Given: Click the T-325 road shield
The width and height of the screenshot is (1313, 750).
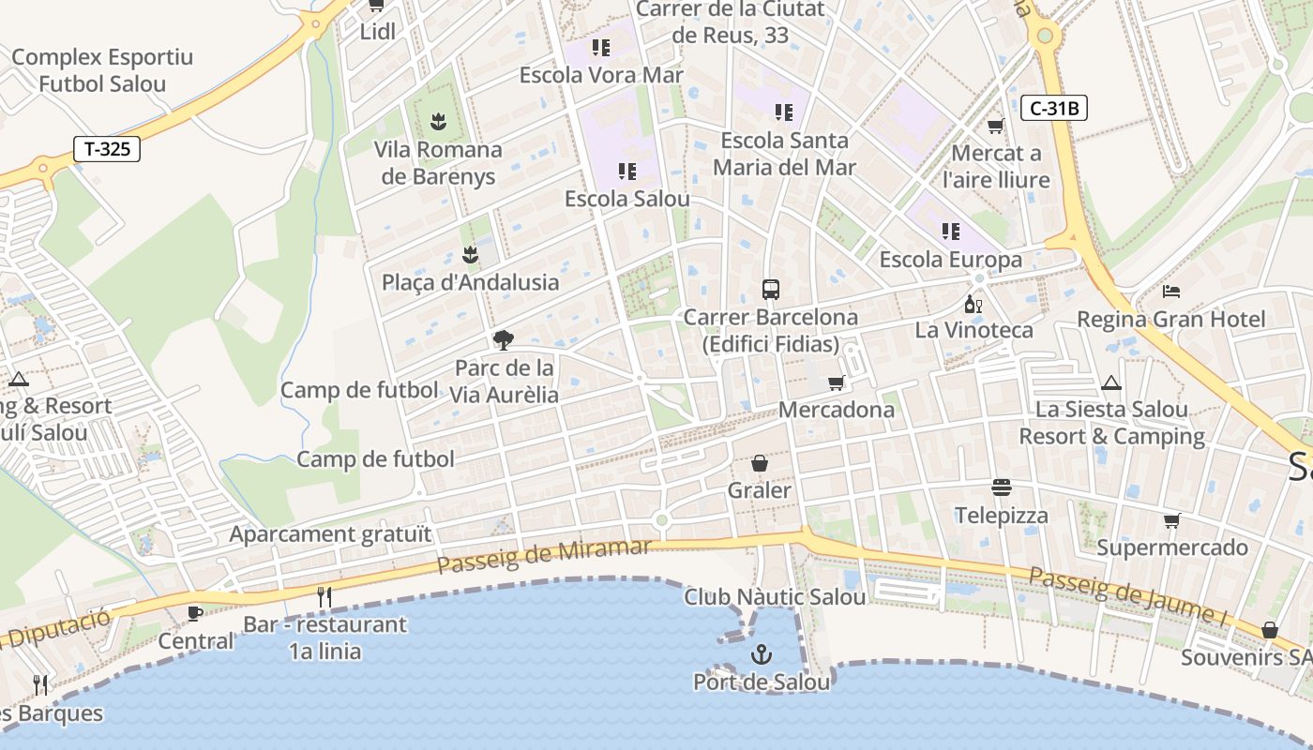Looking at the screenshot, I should click(107, 148).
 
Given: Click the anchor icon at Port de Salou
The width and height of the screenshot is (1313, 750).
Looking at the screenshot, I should click(761, 654).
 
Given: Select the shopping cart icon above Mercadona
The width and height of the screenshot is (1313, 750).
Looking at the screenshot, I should click(836, 382).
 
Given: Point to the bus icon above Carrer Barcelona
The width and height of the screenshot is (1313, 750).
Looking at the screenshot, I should click(771, 289).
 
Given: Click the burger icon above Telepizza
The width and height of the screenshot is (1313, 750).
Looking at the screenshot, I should click(1001, 487).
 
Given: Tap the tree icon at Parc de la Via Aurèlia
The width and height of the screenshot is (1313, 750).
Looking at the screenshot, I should click(504, 339).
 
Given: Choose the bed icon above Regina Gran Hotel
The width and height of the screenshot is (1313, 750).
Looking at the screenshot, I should click(1170, 291).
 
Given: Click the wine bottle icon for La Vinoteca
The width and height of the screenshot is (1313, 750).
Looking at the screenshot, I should click(973, 304).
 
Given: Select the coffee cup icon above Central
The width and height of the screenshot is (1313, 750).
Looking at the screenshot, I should click(195, 613).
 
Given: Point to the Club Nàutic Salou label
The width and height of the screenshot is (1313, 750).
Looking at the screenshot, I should click(775, 597).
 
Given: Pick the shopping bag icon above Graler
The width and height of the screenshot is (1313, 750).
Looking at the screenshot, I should click(760, 463).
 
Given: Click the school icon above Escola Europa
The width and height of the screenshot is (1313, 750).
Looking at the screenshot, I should click(950, 231).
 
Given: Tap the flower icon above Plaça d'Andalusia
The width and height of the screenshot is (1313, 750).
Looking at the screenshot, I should click(470, 254).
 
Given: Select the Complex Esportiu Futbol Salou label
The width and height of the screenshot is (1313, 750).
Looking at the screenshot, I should click(102, 70).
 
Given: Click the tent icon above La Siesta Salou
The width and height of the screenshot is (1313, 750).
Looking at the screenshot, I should click(1111, 382).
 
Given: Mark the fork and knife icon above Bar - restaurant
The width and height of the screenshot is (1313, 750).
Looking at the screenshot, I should click(324, 596).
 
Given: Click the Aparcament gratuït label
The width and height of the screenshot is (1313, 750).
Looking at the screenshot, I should click(331, 534).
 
